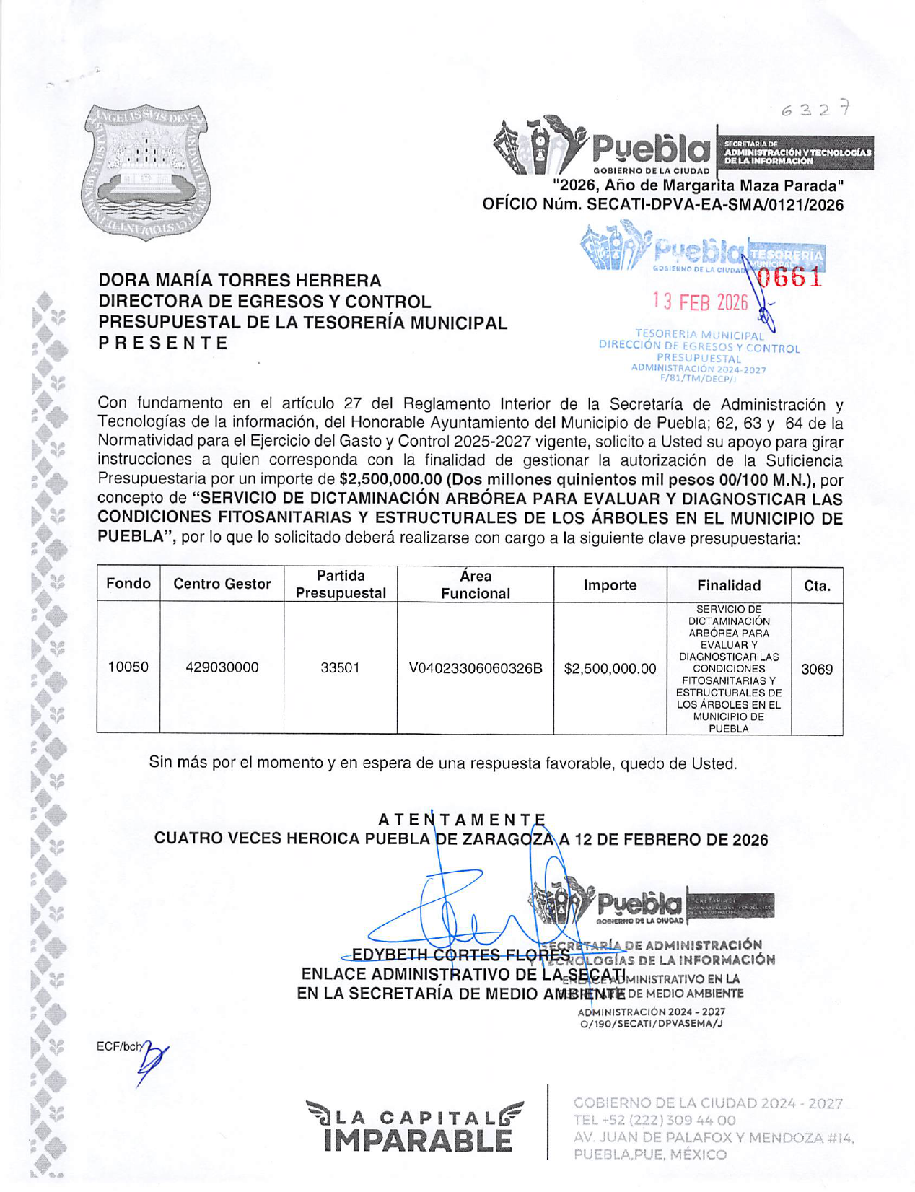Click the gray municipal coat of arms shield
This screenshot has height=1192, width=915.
click(x=146, y=172)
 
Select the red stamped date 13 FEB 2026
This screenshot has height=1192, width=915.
click(x=700, y=302)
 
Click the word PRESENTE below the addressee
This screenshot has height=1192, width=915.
click(x=163, y=343)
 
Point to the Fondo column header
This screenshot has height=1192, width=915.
click(x=128, y=584)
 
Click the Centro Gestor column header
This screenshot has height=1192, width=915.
click(x=222, y=584)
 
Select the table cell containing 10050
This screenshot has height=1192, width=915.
click(x=128, y=667)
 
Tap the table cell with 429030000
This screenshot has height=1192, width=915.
click(x=222, y=668)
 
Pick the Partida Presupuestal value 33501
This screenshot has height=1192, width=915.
click(x=340, y=668)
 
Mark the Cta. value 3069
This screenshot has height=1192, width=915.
click(x=817, y=670)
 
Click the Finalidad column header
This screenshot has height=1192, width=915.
click(x=729, y=585)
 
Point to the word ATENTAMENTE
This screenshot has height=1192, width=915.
click(x=462, y=820)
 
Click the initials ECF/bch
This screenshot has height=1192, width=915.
click(x=119, y=1047)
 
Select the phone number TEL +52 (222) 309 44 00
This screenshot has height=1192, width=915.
click(x=654, y=1121)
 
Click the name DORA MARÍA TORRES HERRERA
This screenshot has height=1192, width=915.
click(x=240, y=281)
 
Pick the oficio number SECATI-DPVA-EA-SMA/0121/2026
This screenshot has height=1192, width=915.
click(x=715, y=205)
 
